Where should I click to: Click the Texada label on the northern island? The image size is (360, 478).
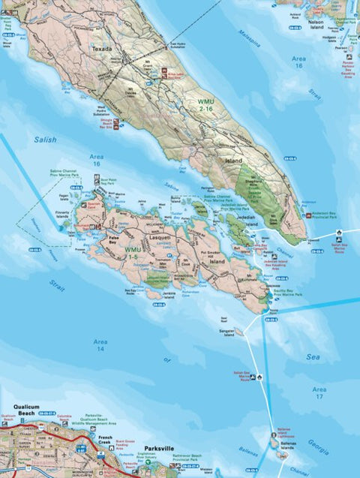coord(101,49)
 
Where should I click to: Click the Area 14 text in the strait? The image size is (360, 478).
coord(100,345)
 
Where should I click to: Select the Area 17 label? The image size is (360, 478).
coord(319,393)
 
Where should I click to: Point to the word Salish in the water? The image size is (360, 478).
coord(45,140)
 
